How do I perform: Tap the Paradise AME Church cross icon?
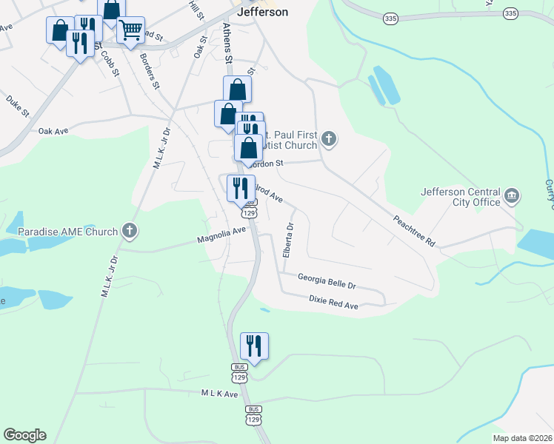130,231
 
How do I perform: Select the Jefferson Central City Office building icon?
512,196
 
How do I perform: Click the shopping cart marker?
130,30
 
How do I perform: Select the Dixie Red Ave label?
333,301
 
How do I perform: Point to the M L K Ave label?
219,394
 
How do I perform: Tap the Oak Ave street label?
53,130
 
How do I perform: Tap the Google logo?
24,435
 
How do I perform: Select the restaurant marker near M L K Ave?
254,346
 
